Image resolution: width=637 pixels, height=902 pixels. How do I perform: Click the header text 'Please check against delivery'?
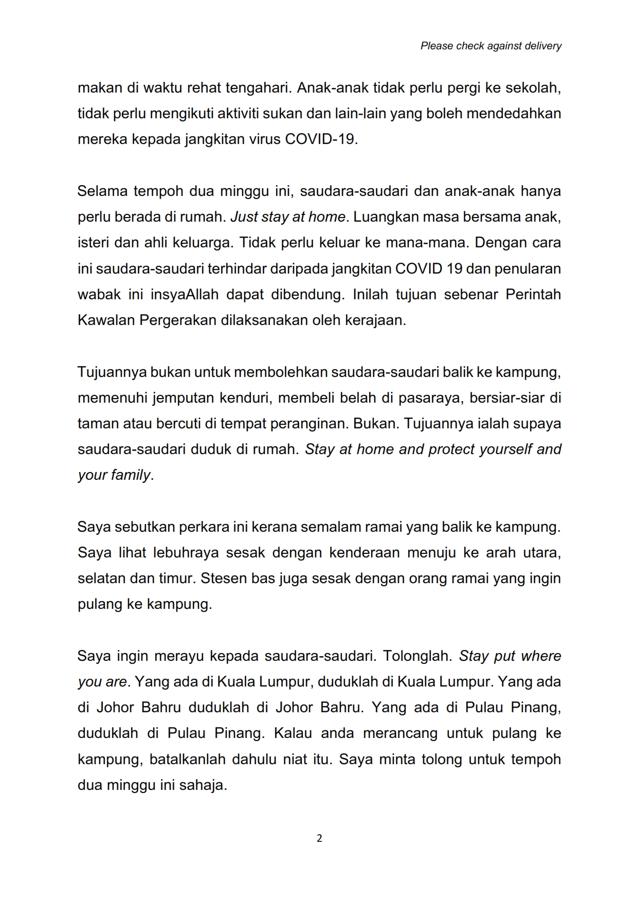(490, 46)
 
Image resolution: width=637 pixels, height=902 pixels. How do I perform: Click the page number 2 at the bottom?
(319, 838)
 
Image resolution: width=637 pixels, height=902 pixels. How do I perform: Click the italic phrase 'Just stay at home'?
(287, 217)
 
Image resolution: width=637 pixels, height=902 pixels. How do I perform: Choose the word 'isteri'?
(94, 243)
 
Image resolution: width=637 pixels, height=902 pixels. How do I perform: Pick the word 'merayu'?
(178, 656)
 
